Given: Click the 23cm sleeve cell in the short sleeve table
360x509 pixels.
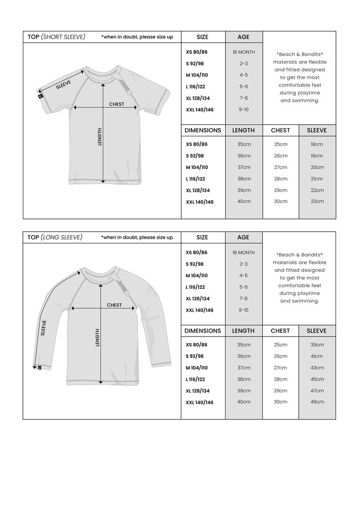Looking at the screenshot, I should click(317, 202).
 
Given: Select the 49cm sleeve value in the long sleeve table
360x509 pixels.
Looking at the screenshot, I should click(317, 402).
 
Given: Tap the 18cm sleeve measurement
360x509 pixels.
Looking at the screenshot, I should click(317, 145).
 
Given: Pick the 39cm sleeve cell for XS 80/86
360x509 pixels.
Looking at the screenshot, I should click(317, 345).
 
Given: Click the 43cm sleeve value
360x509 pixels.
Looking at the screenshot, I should click(317, 367).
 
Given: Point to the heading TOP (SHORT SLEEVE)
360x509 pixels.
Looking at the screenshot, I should click(57, 37).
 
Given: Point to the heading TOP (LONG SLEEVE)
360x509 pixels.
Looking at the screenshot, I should click(55, 237).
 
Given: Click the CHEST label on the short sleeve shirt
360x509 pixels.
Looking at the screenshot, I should click(117, 104).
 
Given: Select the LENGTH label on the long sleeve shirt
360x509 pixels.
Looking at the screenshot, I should click(97, 337).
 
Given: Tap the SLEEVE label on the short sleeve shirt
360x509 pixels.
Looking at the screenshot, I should click(64, 84).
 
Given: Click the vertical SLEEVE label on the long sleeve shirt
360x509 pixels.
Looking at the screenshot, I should click(44, 328).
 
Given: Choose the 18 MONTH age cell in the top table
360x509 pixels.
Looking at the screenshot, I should click(244, 52).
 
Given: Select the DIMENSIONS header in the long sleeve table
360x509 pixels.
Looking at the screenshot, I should click(203, 331).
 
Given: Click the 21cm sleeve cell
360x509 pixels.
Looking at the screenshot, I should click(317, 179).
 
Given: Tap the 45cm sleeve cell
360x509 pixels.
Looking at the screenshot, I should click(317, 379).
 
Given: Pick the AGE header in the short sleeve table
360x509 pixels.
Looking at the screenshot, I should click(244, 37).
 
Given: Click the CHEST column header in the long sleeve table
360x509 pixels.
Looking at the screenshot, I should click(280, 331).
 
